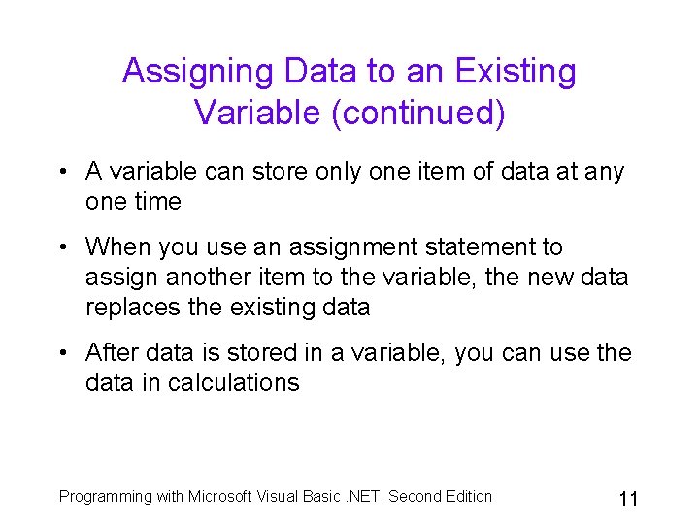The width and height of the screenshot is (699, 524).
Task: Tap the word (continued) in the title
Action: coord(418,113)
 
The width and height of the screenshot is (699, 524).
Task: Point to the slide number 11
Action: coord(627,499)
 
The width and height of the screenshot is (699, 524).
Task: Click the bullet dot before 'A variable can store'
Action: coord(60,173)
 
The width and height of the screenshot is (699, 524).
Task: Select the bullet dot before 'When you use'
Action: coord(60,248)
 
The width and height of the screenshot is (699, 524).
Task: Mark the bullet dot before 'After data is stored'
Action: coord(60,353)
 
